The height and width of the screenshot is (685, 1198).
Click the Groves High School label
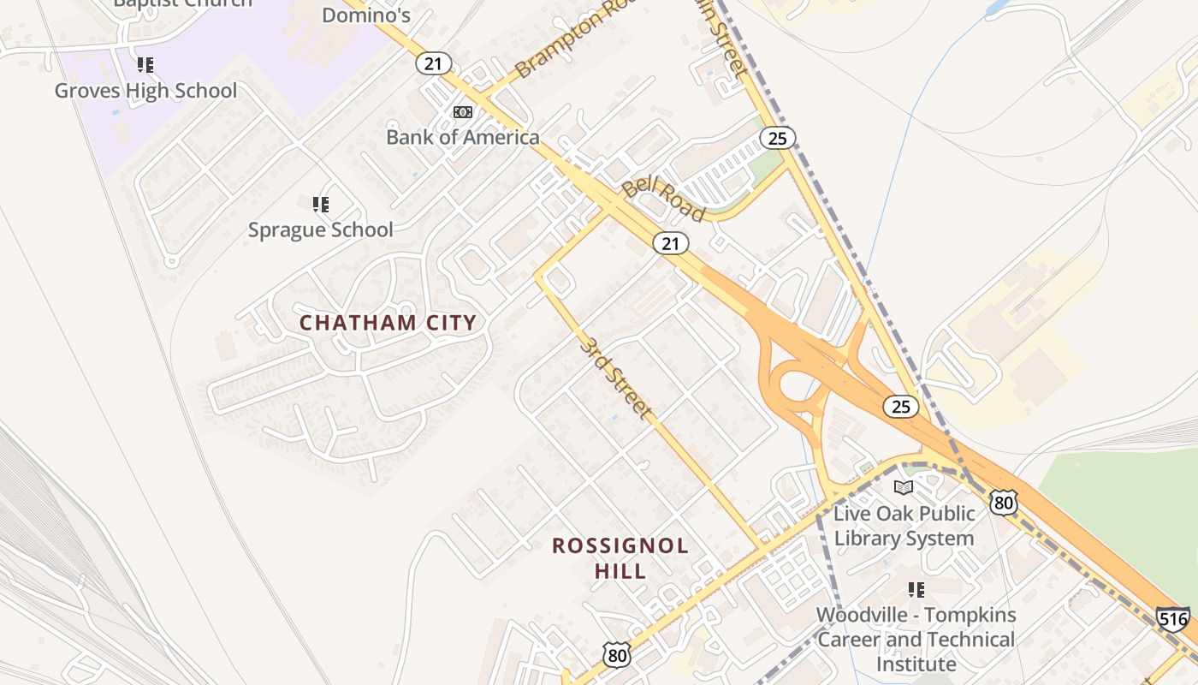tap(145, 91)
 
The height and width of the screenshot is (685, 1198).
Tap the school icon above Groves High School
tap(145, 65)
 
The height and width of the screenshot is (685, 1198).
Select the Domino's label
tap(366, 15)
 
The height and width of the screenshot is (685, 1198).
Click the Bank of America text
tap(463, 137)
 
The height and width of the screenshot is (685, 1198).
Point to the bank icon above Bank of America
tap(462, 112)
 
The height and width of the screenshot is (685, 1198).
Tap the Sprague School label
tap(321, 229)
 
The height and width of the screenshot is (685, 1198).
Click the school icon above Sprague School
tap(321, 205)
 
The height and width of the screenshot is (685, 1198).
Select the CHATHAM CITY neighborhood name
tap(388, 323)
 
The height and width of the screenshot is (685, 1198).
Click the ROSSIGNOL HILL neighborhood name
tap(620, 558)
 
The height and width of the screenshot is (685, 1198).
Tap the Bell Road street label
tap(662, 199)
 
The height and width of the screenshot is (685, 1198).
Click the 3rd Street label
tap(614, 377)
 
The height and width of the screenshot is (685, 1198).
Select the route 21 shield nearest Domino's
tap(434, 63)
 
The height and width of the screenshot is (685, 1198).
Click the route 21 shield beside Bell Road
tap(671, 244)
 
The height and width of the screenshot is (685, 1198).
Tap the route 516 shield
tap(1172, 618)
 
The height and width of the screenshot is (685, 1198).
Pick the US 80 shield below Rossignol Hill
tap(616, 655)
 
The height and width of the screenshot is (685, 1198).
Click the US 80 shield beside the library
tap(1004, 502)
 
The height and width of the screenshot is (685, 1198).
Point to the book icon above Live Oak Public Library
tap(904, 488)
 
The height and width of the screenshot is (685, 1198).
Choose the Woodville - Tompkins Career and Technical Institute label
tap(916, 640)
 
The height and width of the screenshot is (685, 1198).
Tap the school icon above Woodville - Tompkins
tap(916, 590)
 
